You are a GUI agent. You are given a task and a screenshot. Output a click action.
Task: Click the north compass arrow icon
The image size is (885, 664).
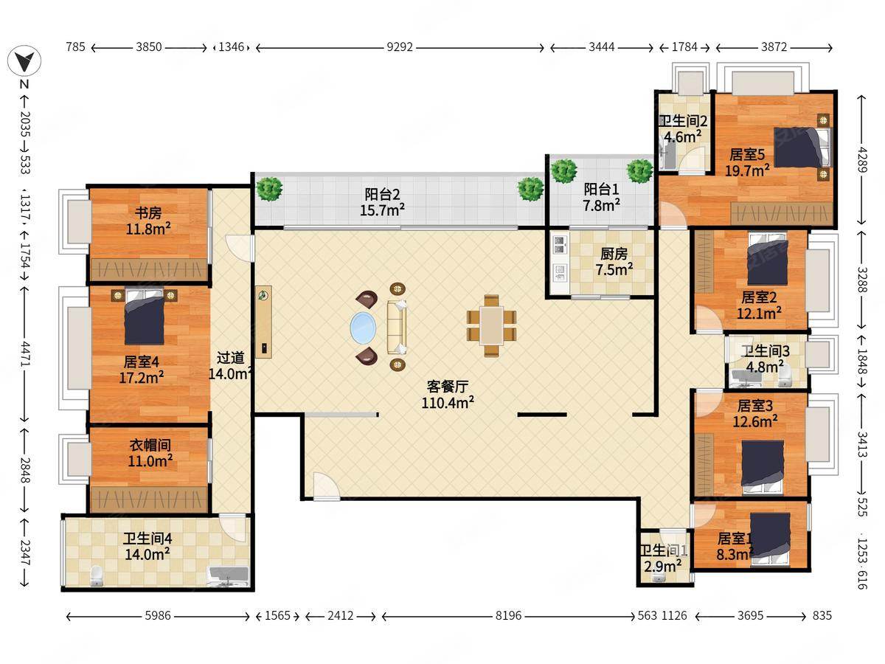[x=24, y=61]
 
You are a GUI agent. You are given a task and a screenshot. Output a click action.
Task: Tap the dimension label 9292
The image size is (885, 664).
[x=400, y=47]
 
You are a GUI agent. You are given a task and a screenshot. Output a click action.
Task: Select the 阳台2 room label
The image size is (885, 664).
[x=382, y=195]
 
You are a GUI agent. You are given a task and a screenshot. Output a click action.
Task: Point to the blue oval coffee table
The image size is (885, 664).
[x=363, y=328]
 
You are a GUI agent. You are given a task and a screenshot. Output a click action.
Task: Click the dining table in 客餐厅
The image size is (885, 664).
[x=491, y=326]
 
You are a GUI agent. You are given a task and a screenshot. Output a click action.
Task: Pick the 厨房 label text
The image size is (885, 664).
[x=614, y=254]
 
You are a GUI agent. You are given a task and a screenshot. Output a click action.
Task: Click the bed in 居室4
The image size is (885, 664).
[x=144, y=316]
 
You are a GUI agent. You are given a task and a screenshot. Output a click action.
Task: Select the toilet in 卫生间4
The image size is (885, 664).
[x=96, y=575]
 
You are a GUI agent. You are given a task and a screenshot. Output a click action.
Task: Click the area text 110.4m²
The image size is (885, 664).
[x=448, y=403]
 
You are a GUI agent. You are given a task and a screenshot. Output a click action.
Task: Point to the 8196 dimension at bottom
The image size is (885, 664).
[x=508, y=615]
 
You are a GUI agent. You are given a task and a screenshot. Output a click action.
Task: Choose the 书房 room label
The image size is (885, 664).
[x=148, y=212]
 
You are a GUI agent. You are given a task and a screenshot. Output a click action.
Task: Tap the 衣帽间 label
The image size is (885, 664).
[x=150, y=445]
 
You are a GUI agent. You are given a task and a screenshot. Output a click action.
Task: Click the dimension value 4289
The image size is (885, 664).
[x=861, y=159]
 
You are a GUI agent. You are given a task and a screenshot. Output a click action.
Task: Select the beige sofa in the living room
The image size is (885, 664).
[x=397, y=327]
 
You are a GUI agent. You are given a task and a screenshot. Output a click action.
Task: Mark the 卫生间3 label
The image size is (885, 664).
[x=766, y=351]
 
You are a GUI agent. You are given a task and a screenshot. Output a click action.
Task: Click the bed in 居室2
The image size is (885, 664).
[x=768, y=259]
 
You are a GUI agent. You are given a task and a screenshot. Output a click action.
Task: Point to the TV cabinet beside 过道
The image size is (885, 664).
[x=263, y=322]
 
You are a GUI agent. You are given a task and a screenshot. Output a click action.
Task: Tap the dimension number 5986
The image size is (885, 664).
[x=158, y=615]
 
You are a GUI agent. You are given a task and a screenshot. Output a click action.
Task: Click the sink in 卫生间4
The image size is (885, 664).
[x=228, y=575]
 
